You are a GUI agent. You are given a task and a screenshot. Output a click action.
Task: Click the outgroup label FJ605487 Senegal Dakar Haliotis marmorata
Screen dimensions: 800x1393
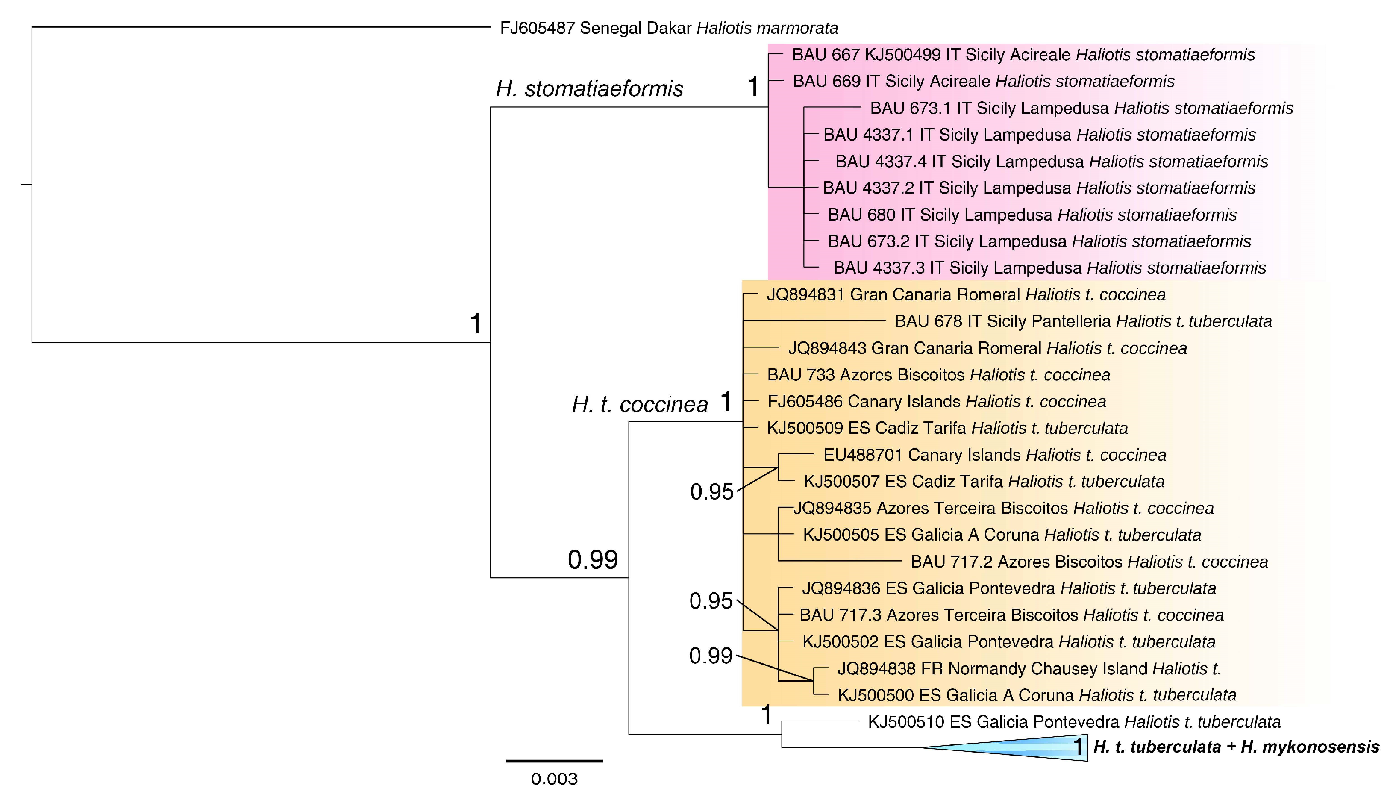tap(668, 28)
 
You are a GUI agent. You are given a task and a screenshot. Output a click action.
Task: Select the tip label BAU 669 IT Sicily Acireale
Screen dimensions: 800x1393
tap(983, 81)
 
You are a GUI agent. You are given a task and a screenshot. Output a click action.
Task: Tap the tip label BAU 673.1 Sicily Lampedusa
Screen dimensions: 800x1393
tap(1081, 108)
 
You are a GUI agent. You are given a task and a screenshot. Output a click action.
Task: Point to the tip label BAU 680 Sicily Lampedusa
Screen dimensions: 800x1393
tap(1032, 215)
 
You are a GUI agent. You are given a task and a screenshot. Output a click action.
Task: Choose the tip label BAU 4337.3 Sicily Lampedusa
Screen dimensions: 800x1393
tap(1049, 268)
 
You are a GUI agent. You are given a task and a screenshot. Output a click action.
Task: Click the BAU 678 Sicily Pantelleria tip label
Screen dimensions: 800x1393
tap(1083, 321)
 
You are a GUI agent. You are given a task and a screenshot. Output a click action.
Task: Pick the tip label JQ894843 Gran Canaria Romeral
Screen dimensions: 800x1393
tap(987, 348)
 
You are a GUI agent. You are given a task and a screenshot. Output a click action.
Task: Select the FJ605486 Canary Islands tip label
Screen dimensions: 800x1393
tap(937, 402)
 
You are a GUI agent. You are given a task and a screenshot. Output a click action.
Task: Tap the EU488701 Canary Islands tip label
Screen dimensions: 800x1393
tap(995, 455)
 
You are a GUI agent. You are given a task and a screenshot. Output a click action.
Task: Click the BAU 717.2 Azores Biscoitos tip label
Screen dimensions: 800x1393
tap(1089, 562)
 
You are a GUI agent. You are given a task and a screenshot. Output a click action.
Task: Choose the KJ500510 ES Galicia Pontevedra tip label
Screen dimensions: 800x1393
tap(1074, 722)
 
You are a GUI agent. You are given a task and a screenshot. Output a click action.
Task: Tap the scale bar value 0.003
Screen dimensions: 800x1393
tap(554, 779)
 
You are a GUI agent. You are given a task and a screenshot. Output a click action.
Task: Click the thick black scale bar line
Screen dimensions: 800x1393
tap(554, 761)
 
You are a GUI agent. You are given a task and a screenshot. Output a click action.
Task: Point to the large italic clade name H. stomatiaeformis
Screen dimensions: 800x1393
tap(589, 88)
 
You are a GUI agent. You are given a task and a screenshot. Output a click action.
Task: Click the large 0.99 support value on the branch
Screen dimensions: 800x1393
tap(593, 560)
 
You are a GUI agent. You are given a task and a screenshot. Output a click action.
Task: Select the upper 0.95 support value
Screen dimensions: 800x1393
tap(711, 492)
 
